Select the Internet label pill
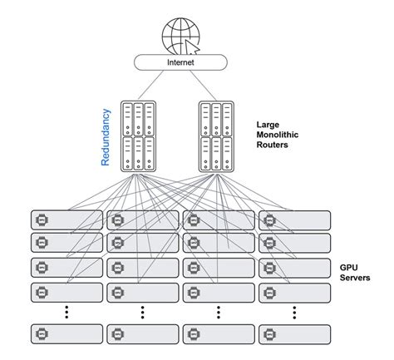(181, 62)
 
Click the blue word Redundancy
(106, 136)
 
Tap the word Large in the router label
(271, 123)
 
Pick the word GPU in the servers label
(347, 267)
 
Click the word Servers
(354, 278)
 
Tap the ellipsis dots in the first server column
(66, 313)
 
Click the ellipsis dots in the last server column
(293, 313)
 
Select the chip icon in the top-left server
(42, 220)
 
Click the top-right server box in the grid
(293, 220)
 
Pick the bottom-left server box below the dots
(66, 333)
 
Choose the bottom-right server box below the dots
(293, 333)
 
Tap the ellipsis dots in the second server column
(141, 313)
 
